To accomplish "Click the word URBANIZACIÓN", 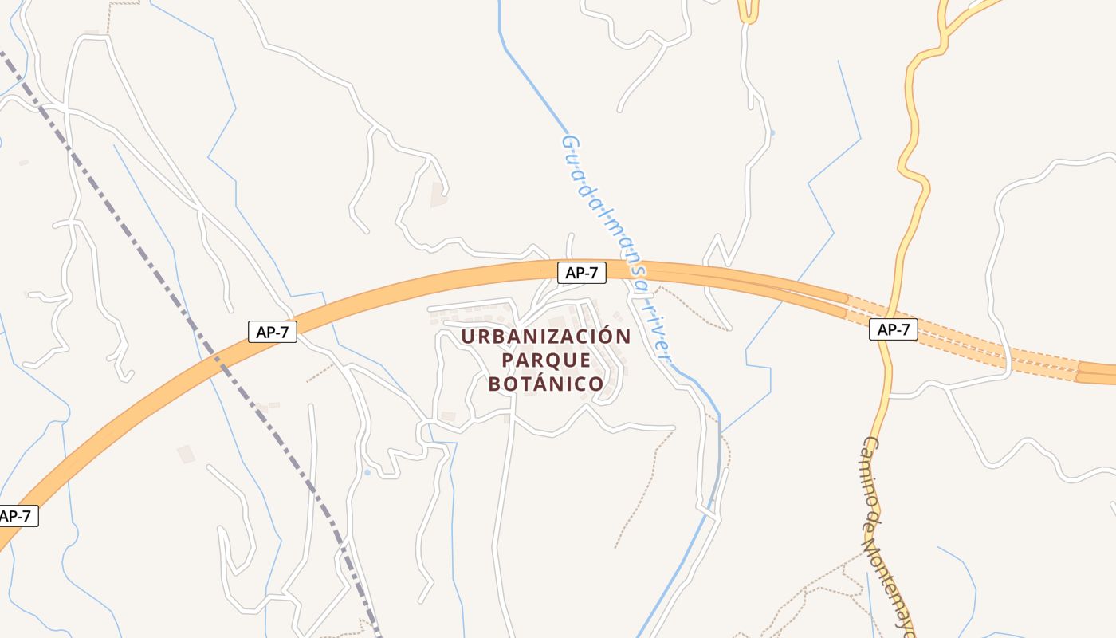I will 545,337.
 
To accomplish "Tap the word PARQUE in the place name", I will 546,360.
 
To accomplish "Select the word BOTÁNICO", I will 546,384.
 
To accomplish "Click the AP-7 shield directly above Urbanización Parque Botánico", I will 581,273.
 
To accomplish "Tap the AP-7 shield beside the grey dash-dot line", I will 273,332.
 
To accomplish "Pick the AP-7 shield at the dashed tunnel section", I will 893,329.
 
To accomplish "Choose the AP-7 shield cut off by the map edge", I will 16,516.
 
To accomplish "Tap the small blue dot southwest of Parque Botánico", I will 367,472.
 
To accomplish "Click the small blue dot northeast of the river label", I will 772,132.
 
